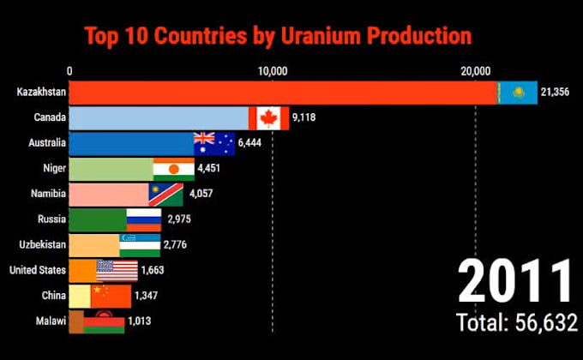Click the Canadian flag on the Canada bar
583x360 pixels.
268,117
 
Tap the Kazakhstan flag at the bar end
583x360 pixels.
518,92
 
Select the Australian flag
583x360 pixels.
214,143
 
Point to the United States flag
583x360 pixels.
117,271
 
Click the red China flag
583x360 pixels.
111,296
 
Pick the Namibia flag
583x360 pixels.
165,194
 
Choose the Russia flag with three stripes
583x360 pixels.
143,219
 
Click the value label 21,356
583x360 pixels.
558,92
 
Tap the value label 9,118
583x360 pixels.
304,117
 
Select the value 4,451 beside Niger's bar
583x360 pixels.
209,169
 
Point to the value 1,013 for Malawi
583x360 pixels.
139,322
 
